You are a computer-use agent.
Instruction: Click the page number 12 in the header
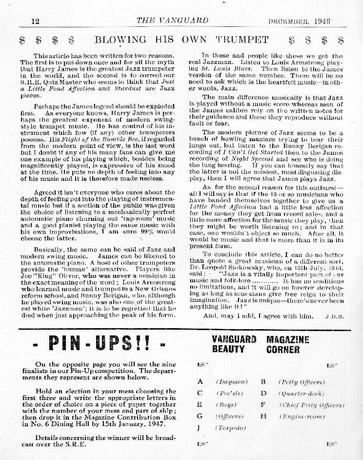point(35,21)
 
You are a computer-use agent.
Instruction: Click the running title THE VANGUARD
point(172,21)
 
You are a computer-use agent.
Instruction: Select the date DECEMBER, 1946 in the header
point(299,21)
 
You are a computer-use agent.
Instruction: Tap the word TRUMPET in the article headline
point(242,40)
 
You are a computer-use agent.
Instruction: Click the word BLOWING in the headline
point(120,40)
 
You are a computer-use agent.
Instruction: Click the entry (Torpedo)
point(231,428)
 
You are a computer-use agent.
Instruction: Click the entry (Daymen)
point(232,382)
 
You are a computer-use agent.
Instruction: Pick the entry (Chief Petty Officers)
point(311,405)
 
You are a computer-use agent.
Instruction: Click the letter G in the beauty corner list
point(200,416)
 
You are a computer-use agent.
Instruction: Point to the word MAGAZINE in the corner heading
point(288,339)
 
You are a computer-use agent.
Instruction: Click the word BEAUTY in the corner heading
point(228,349)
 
